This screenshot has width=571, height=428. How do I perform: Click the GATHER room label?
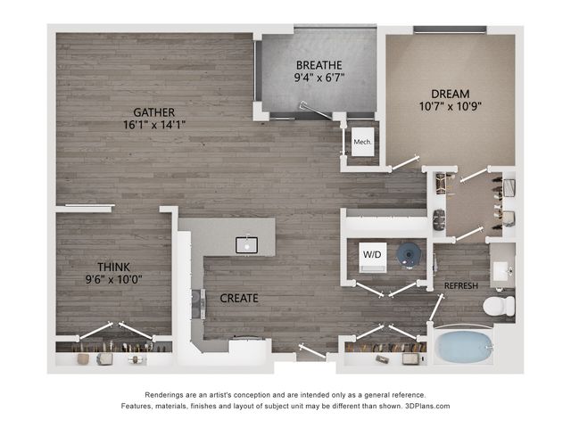[153, 112]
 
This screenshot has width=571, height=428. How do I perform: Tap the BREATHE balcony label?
[319, 65]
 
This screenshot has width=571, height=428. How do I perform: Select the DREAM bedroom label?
[450, 94]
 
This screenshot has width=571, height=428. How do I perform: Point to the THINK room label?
[113, 267]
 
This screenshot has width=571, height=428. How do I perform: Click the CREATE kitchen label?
[239, 299]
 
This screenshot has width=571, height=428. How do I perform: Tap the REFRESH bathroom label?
[461, 286]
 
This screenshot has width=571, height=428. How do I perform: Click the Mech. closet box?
[363, 142]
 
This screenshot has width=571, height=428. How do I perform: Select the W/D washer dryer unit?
[373, 258]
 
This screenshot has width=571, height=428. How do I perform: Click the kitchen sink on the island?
[246, 245]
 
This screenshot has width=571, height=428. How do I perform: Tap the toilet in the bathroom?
[499, 306]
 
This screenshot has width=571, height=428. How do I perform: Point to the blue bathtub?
[464, 347]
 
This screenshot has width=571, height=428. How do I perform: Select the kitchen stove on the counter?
[198, 304]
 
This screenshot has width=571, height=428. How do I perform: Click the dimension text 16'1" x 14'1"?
[154, 125]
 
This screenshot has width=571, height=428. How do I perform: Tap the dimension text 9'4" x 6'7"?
[319, 78]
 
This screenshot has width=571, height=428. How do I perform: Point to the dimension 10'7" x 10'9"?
[450, 107]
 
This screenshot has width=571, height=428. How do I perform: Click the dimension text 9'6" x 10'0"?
[113, 279]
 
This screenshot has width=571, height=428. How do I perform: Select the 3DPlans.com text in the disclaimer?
[427, 406]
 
